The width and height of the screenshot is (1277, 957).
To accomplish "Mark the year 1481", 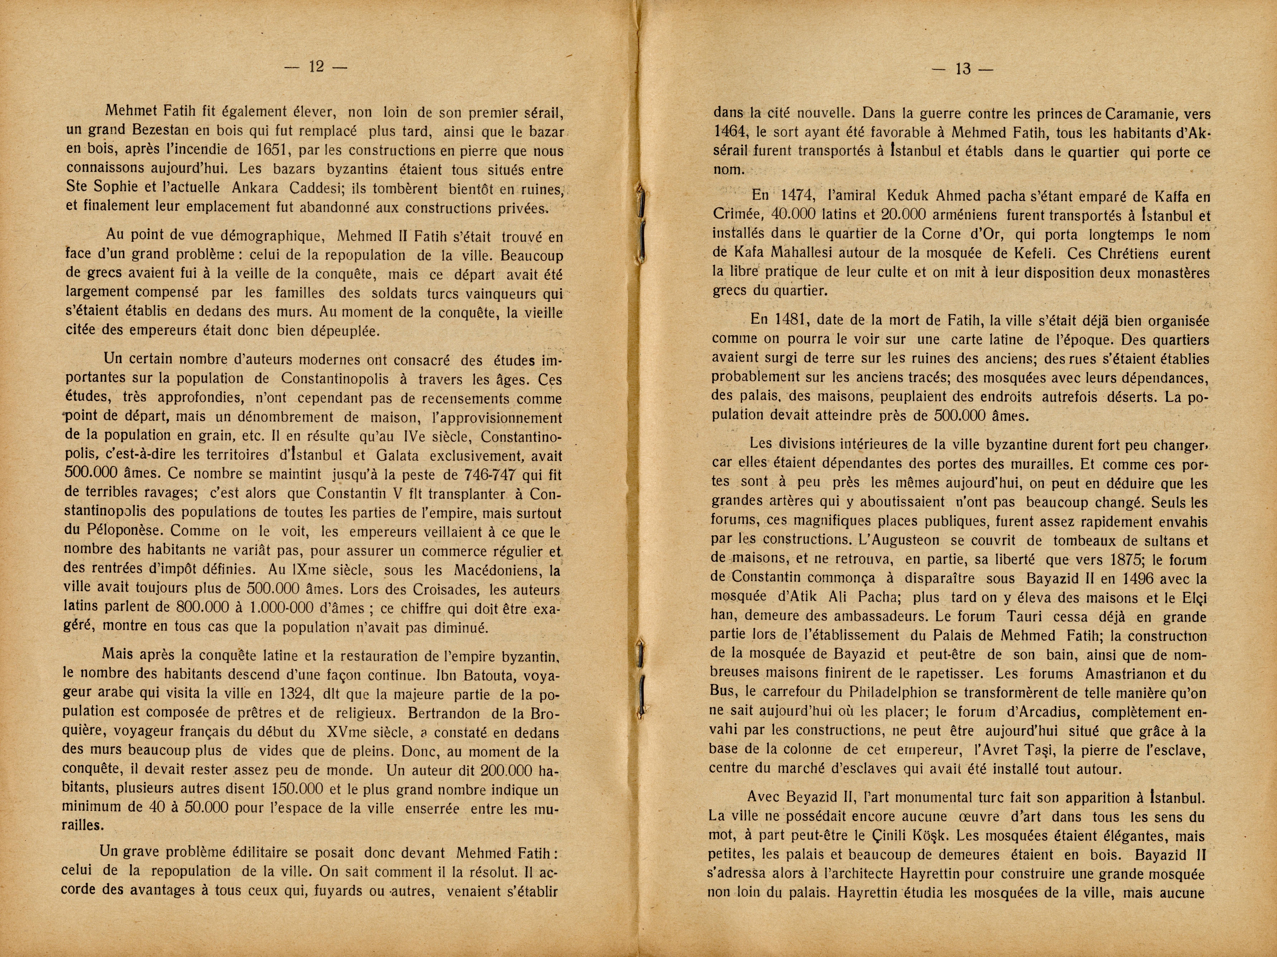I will pyautogui.click(x=791, y=320).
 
